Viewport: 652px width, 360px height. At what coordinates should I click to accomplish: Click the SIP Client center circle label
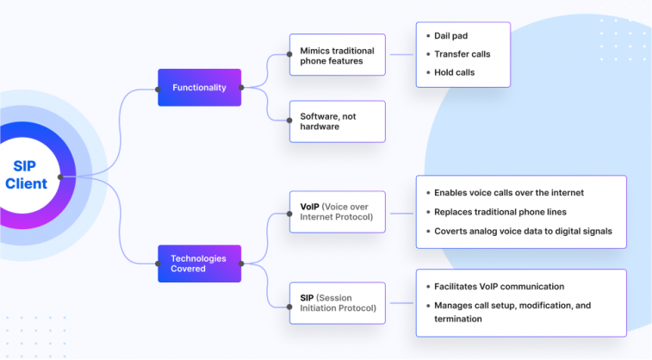[x=26, y=175]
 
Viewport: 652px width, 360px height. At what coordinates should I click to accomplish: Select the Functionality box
[x=199, y=88]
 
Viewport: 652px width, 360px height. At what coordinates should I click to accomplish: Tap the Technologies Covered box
[x=199, y=264]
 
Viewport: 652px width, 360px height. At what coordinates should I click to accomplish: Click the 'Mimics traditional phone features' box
[x=337, y=55]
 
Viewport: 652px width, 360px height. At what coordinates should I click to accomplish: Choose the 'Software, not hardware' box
[x=337, y=121]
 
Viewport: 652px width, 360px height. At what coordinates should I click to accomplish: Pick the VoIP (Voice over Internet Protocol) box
[x=337, y=210]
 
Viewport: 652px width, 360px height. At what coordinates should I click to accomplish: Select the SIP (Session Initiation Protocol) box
[x=337, y=302]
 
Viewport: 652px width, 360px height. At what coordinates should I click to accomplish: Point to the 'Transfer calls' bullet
[x=463, y=54]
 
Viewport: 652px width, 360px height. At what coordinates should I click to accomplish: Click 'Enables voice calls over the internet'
[x=509, y=193]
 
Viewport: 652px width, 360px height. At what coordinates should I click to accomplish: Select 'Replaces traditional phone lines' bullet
[x=500, y=211]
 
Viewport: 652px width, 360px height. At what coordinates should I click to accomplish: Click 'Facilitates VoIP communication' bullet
[x=499, y=287]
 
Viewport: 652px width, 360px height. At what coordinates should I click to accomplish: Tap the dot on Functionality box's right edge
[x=241, y=88]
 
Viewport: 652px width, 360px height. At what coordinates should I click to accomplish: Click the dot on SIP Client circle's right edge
[x=59, y=177]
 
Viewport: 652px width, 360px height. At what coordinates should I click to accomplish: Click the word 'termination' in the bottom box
[x=457, y=319]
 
